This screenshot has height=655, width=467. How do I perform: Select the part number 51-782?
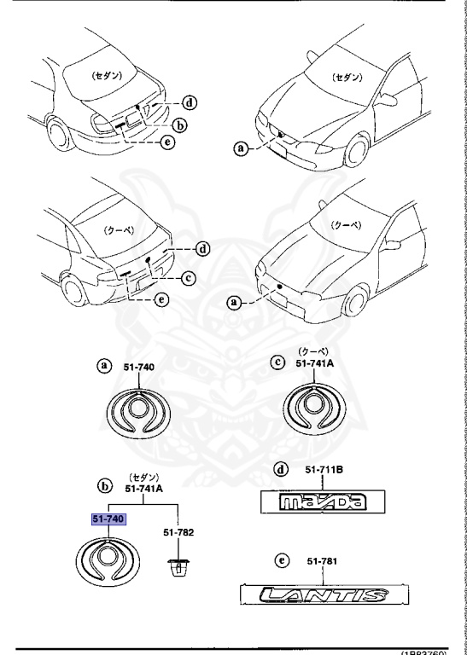click(179, 532)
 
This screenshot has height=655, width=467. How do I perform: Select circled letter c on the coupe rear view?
click(188, 276)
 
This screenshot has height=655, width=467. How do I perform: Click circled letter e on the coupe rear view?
click(162, 299)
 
